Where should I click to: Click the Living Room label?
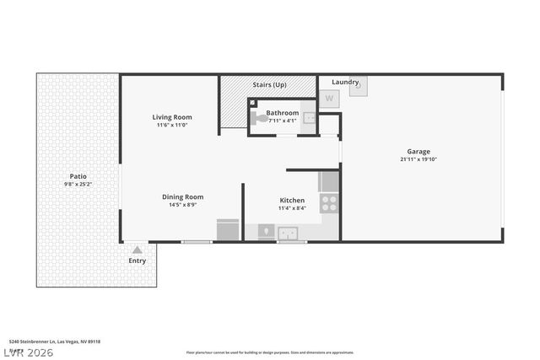pos(172,116)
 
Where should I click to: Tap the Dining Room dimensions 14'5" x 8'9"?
pos(183,206)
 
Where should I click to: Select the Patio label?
pos(78,175)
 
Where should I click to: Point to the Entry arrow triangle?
pos(138,250)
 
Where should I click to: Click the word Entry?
pos(138,261)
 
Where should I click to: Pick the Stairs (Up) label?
pos(269,85)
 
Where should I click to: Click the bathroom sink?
pos(309,119)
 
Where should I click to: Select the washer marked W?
pos(329,98)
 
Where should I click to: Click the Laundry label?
pos(345,82)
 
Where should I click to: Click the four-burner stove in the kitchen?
pos(329,203)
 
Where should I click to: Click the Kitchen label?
pos(293,200)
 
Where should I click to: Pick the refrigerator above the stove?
pos(329,181)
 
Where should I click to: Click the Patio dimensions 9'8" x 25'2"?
pos(78,184)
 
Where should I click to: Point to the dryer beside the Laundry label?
pos(359,85)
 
